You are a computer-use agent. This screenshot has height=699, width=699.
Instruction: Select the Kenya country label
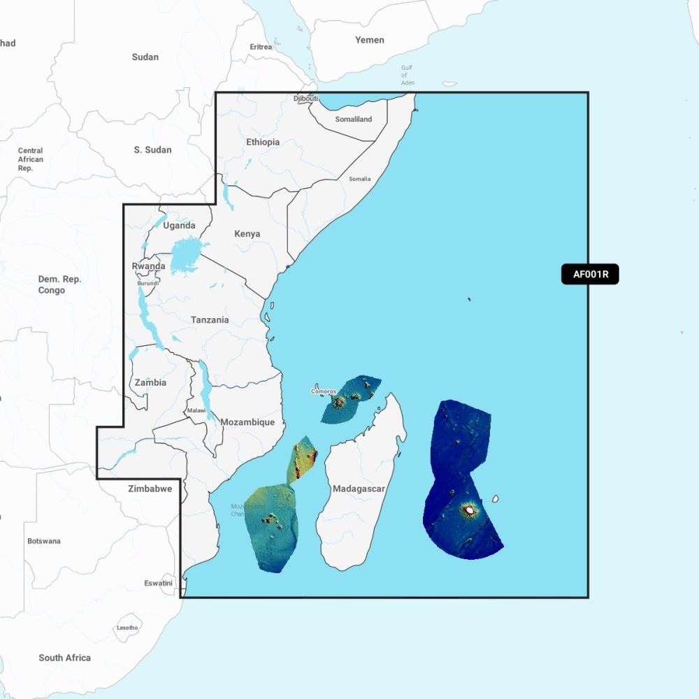coord(247,234)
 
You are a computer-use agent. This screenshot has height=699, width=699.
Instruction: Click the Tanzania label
coord(210,320)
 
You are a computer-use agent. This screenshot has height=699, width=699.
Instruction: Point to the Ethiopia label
coord(263,142)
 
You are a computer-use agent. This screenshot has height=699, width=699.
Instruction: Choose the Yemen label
coord(369,40)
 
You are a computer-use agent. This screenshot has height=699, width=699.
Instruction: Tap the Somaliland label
coord(354,120)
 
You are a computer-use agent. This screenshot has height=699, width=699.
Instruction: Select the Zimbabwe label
coord(150,489)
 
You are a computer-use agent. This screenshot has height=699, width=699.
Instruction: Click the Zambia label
coord(150,382)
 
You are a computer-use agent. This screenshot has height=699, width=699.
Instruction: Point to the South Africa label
coord(64,658)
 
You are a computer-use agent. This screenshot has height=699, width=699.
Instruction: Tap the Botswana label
coord(44,541)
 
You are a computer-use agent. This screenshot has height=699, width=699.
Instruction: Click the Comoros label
coord(324,391)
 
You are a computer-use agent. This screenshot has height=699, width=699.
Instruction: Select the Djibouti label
coord(305,99)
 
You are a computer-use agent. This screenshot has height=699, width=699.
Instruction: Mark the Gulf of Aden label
coord(408,75)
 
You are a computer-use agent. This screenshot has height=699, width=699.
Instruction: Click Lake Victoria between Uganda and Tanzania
coord(185,254)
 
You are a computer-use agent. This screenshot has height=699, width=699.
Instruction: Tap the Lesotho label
coord(127,628)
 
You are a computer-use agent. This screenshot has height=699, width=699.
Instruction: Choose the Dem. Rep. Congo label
coord(60,284)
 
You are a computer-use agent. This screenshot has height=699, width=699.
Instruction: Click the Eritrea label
coord(261,47)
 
